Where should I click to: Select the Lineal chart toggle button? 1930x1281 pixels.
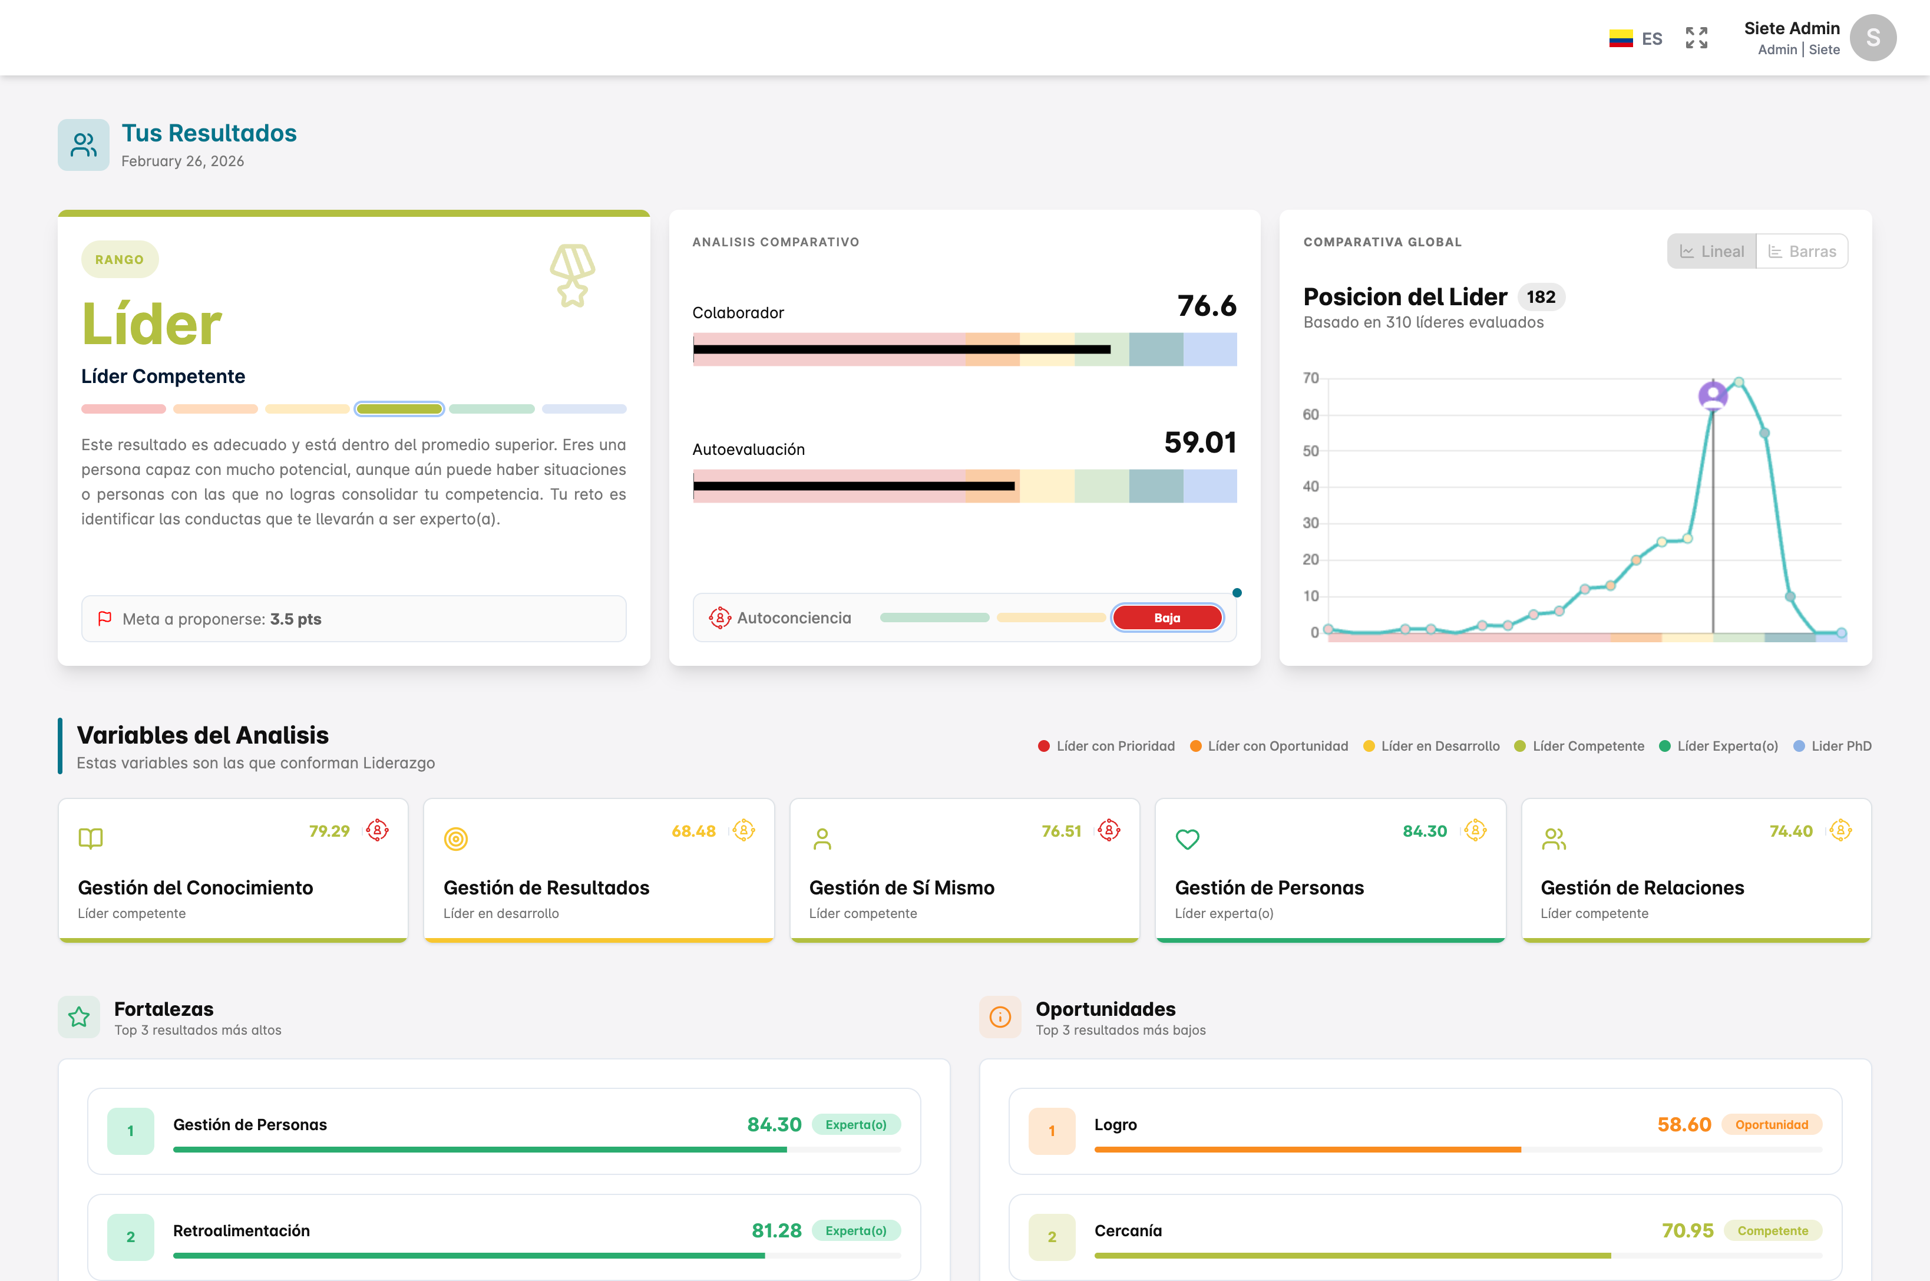point(1712,252)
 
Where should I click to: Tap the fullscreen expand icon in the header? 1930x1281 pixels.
point(1696,38)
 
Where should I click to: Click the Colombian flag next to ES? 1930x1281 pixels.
point(1621,38)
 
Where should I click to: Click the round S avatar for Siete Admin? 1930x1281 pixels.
point(1872,38)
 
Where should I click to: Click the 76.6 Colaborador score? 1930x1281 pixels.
point(1207,306)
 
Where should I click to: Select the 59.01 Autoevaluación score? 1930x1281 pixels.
point(1200,442)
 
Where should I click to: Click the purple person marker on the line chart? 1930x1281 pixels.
point(1713,395)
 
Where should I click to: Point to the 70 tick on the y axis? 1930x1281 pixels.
point(1310,378)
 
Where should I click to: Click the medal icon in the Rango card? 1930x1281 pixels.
point(573,275)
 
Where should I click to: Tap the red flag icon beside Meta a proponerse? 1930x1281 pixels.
point(104,619)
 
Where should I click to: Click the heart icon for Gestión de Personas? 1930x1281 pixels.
point(1187,839)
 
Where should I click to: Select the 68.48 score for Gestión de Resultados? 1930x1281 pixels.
point(693,831)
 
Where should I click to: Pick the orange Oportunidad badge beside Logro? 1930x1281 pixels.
point(1772,1125)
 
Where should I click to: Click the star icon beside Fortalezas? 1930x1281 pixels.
point(79,1017)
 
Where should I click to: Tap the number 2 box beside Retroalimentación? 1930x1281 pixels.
point(131,1237)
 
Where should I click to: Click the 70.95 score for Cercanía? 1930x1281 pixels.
point(1687,1230)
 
